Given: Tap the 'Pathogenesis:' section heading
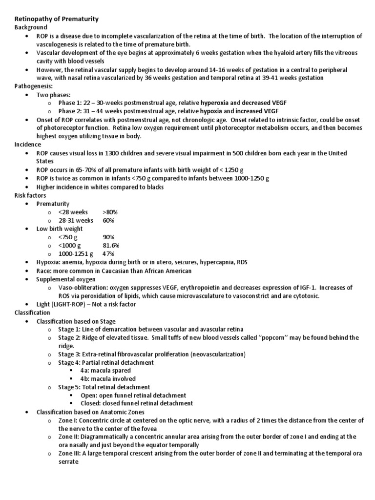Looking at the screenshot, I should click(x=34, y=86).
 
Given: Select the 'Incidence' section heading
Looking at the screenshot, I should click(x=28, y=145).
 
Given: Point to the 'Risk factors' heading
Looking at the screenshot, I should click(x=30, y=195).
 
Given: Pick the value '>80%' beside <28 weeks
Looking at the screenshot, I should click(x=110, y=212).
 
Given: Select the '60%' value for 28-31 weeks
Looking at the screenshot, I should click(x=108, y=220).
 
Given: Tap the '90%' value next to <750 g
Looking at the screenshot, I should click(x=108, y=237).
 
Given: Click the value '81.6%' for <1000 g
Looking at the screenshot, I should click(x=111, y=245).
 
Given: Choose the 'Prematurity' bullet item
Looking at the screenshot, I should click(x=53, y=204).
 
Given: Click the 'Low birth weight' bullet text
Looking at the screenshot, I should click(x=60, y=229).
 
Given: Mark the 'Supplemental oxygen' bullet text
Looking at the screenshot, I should click(x=66, y=279).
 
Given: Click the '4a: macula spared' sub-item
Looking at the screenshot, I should click(x=105, y=371).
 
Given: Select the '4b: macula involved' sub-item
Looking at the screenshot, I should click(x=108, y=379).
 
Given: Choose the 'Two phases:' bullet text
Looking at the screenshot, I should click(x=54, y=94).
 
